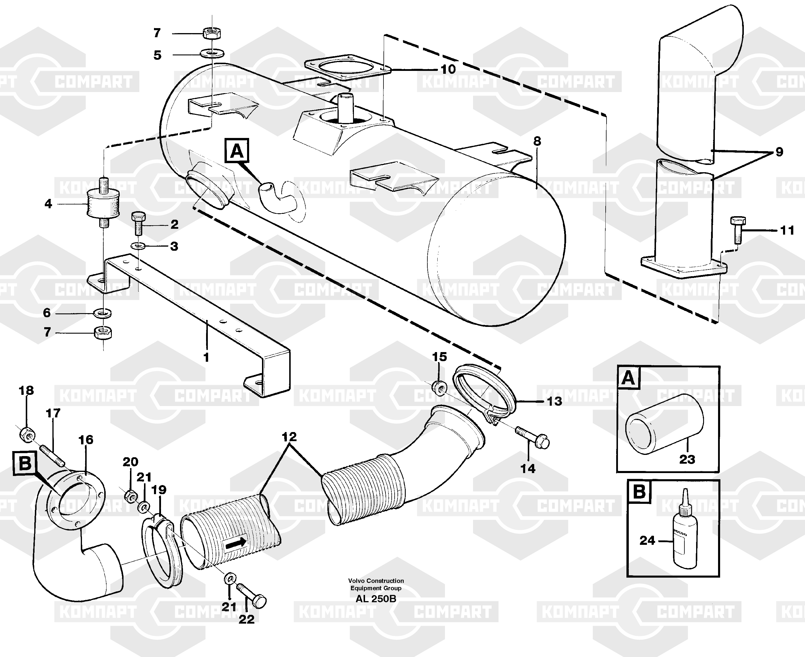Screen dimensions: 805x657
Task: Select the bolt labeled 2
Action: coord(138,223)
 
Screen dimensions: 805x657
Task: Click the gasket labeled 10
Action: coord(347,72)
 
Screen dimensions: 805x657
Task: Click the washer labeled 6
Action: coord(102,313)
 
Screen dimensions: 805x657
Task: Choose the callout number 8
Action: coord(537,141)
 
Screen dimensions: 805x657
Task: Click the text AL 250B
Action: coord(376,599)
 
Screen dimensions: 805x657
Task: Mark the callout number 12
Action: coord(289,437)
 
